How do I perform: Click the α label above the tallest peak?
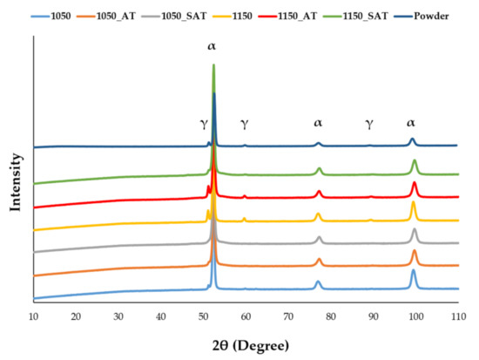coord(212,44)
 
